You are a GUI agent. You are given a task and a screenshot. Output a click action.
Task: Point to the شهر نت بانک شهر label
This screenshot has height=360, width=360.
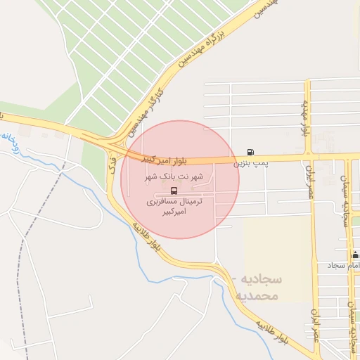pyautogui.click(x=178, y=177)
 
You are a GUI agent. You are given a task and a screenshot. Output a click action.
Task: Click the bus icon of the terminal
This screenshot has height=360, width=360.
pyautogui.click(x=174, y=191)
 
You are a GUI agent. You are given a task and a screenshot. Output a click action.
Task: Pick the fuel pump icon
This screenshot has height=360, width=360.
pyautogui.click(x=251, y=152)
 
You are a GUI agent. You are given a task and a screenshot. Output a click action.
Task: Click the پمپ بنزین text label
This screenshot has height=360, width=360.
pyautogui.click(x=251, y=163)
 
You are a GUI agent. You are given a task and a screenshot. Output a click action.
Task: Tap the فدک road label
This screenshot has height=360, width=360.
pyautogui.click(x=112, y=167)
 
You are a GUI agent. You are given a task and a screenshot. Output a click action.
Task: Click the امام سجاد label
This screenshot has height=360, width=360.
pyautogui.click(x=344, y=266)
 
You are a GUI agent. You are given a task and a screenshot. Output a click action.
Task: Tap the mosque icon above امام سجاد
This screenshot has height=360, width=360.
pyautogui.click(x=355, y=255)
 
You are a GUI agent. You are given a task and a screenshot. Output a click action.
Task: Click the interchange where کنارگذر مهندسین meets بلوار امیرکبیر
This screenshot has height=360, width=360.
pyautogui.click(x=112, y=143)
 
